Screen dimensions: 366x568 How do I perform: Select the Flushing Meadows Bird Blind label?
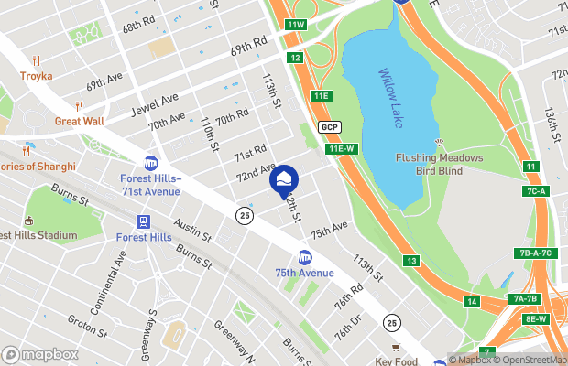(x=439, y=163)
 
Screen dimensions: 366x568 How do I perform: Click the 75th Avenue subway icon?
(x=305, y=258)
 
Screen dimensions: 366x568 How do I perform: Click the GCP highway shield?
(x=330, y=126)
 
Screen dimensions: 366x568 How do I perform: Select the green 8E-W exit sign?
(x=536, y=318)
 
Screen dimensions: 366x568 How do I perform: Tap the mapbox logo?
(x=40, y=354)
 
